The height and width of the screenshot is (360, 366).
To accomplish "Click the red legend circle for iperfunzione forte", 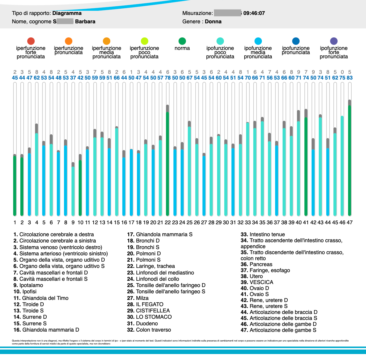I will click(31, 41).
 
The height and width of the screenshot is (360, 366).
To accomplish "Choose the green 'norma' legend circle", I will click(182, 41).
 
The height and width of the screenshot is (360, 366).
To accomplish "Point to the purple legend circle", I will click(334, 41).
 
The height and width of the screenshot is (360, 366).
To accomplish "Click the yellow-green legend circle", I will click(144, 41).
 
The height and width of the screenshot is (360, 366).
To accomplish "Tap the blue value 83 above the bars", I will click(350, 78).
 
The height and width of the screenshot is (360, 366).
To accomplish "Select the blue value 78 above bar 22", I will click(167, 78).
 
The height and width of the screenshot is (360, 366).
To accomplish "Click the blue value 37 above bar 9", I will click(73, 78).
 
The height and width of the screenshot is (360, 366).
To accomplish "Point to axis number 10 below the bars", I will click(80, 222).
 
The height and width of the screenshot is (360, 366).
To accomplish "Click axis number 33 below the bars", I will click(248, 222).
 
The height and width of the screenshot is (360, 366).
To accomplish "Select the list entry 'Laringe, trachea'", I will click(155, 266).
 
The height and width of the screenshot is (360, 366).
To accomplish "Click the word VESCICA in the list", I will click(261, 282).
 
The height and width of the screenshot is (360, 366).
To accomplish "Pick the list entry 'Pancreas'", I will click(261, 264).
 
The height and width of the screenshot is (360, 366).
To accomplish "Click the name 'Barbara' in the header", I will click(85, 22).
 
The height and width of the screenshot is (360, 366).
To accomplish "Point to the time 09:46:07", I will click(254, 13).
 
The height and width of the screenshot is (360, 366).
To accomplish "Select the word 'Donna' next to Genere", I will click(213, 22).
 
